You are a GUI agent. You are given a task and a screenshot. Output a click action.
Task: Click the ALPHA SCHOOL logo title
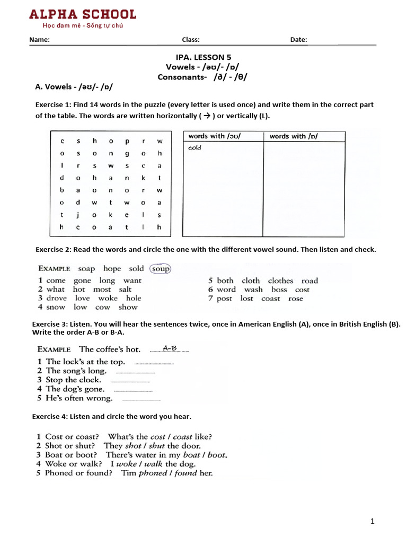pyautogui.click(x=82, y=14)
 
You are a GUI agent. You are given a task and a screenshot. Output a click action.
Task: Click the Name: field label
pyautogui.click(x=39, y=40)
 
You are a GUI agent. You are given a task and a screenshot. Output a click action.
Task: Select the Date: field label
pyautogui.click(x=298, y=40)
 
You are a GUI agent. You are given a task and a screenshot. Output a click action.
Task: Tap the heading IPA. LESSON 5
pyautogui.click(x=203, y=57)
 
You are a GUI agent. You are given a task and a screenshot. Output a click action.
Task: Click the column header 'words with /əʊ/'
pyautogui.click(x=214, y=136)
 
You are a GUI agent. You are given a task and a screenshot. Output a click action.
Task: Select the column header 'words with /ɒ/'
pyautogui.click(x=294, y=136)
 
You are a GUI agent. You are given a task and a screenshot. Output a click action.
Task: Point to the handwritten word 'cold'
pyautogui.click(x=194, y=148)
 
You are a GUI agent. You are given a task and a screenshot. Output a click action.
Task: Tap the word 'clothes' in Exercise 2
pyautogui.click(x=280, y=281)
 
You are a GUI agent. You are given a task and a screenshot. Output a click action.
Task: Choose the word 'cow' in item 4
pyautogui.click(x=103, y=307)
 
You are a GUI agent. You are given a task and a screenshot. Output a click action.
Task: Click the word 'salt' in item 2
pyautogui.click(x=125, y=290)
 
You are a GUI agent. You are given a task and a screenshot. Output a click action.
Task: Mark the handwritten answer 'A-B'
pyautogui.click(x=170, y=348)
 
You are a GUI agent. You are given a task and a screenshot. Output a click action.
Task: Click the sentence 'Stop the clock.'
pyautogui.click(x=73, y=380)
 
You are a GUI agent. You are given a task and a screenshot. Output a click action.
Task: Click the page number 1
pyautogui.click(x=372, y=521)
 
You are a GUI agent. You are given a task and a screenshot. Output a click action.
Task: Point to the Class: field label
pyautogui.click(x=191, y=40)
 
